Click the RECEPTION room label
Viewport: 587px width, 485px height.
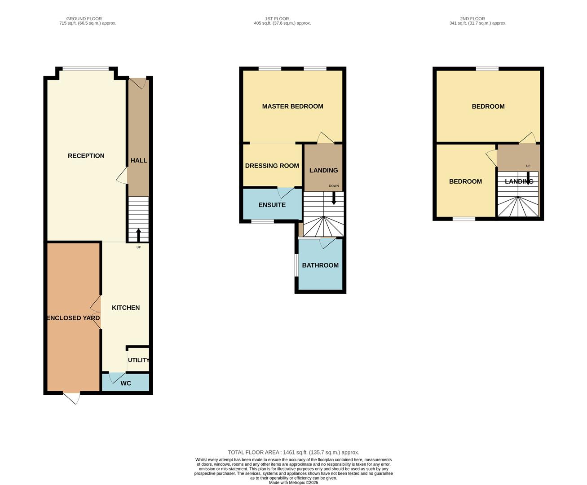(86, 156)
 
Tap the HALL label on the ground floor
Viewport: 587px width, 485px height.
(139, 160)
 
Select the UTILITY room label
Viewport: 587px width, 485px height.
(139, 360)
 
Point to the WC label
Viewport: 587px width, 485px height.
(126, 383)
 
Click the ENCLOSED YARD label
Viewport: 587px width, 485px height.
(73, 317)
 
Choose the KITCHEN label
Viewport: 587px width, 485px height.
(126, 308)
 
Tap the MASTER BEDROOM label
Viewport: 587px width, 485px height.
(293, 106)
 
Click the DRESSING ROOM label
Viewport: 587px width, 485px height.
(272, 166)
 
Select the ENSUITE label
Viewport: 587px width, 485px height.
(272, 205)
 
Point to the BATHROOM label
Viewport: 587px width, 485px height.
(320, 265)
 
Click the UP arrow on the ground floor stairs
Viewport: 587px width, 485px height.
(139, 235)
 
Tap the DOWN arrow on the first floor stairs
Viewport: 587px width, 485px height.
(334, 198)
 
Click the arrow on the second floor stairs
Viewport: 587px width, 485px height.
(528, 178)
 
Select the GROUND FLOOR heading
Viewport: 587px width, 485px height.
(84, 18)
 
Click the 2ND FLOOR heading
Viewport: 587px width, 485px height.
(472, 18)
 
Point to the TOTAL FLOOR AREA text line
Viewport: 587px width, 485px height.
(294, 452)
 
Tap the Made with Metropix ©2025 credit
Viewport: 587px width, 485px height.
(294, 482)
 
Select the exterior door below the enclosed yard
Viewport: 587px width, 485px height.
(72, 398)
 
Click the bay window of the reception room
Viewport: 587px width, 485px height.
(85, 69)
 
